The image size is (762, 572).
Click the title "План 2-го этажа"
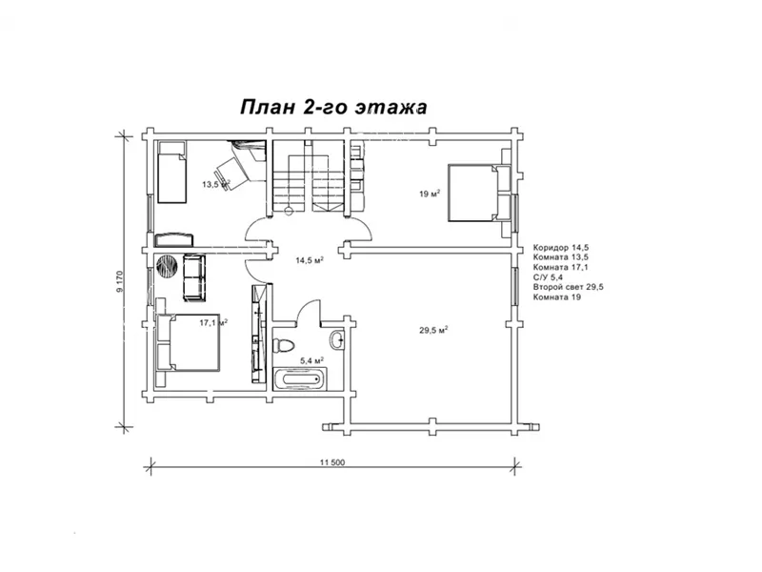(333, 107)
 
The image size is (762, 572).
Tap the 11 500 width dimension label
(332, 462)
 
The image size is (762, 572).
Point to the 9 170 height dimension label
(120, 281)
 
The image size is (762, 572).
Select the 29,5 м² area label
(433, 330)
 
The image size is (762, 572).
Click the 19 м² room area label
(430, 194)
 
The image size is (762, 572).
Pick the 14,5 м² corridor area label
(310, 260)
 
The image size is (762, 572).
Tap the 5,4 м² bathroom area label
(312, 360)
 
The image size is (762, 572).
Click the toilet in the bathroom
(284, 345)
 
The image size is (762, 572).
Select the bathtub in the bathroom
(300, 378)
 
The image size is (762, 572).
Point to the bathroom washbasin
(337, 339)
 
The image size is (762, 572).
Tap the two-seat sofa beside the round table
(194, 277)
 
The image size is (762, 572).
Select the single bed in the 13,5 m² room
(171, 172)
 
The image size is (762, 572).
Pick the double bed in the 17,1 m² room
(188, 343)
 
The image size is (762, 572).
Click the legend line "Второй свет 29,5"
(568, 287)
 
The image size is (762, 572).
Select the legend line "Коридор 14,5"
(561, 247)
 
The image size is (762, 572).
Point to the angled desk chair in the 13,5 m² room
(230, 168)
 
